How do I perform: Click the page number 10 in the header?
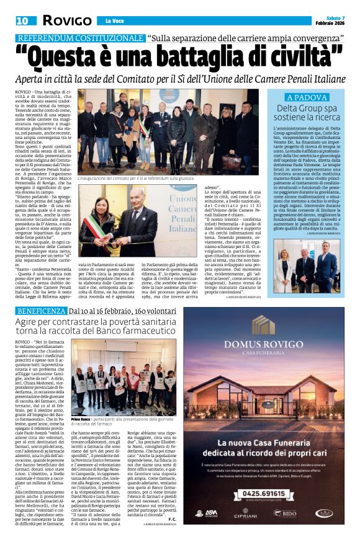coord(22,20)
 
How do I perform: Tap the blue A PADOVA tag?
coord(306,97)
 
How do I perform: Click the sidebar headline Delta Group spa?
coord(306,109)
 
